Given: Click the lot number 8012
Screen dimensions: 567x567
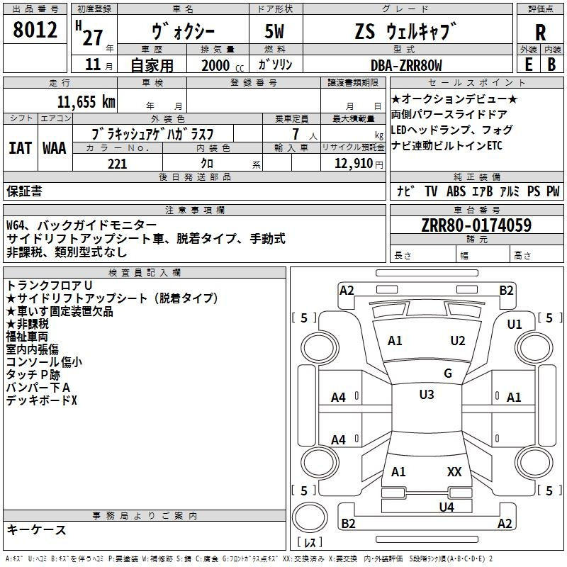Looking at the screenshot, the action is pyautogui.click(x=35, y=30).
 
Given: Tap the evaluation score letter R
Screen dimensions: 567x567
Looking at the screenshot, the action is pyautogui.click(x=540, y=33).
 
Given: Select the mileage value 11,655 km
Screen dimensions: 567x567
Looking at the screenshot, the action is pyautogui.click(x=86, y=102).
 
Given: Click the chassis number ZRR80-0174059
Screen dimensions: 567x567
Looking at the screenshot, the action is pyautogui.click(x=476, y=225).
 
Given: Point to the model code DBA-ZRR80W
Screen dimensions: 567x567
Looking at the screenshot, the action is pyautogui.click(x=406, y=65).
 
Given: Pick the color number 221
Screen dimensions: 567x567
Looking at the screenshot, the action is pyautogui.click(x=118, y=164).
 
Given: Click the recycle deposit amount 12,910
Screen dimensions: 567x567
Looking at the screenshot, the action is pyautogui.click(x=354, y=164).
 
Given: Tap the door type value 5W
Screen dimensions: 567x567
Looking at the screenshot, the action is pyautogui.click(x=274, y=31).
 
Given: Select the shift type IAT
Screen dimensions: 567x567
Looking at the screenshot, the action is pyautogui.click(x=21, y=148).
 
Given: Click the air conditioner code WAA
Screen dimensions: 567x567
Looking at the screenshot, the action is pyautogui.click(x=55, y=148).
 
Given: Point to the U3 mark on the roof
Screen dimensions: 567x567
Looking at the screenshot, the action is pyautogui.click(x=427, y=395).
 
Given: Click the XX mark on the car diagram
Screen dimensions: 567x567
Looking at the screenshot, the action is pyautogui.click(x=454, y=472).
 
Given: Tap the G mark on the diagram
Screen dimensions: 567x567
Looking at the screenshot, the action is pyautogui.click(x=448, y=374).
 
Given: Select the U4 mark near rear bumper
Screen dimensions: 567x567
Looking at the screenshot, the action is pyautogui.click(x=447, y=507).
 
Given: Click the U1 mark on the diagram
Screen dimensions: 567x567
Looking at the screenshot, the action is pyautogui.click(x=515, y=325).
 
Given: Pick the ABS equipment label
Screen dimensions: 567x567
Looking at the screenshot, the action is pyautogui.click(x=456, y=191).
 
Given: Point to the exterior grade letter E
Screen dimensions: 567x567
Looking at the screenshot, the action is pyautogui.click(x=529, y=64).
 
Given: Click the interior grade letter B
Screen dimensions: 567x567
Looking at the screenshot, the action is pyautogui.click(x=551, y=64).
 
